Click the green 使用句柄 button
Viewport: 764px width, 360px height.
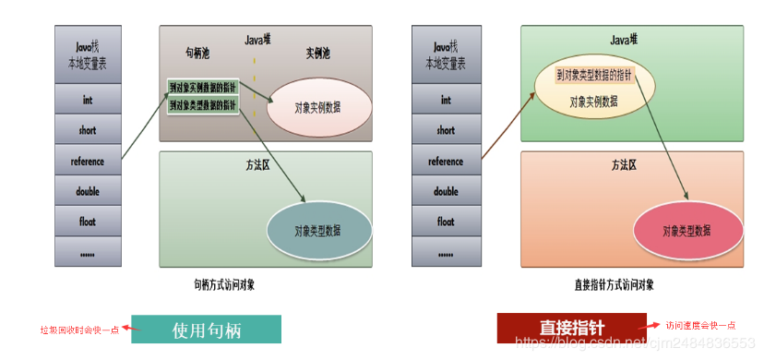click(206, 330)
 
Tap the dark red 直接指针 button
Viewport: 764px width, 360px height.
click(572, 327)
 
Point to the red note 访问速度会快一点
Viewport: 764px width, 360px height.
click(701, 325)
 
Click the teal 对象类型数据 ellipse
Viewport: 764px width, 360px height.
click(319, 230)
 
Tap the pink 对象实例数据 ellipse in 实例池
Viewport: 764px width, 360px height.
click(318, 108)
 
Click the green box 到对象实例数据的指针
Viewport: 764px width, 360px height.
click(203, 87)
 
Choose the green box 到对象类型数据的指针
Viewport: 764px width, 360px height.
click(203, 105)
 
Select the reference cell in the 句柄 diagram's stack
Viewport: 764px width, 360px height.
click(88, 162)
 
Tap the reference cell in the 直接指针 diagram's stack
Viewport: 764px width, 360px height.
click(446, 162)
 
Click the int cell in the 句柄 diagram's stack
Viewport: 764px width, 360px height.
click(88, 100)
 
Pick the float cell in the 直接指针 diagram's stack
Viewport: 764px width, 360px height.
click(446, 222)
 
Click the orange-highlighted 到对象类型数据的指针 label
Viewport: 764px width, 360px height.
click(594, 74)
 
